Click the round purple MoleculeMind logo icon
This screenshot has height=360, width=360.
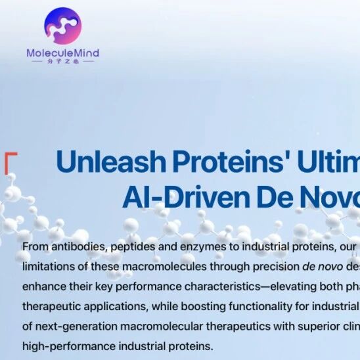pyautogui.click(x=62, y=26)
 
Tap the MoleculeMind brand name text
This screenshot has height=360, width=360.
pyautogui.click(x=62, y=53)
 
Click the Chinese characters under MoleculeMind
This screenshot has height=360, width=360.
pyautogui.click(x=62, y=62)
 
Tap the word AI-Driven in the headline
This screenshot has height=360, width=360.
pyautogui.click(x=186, y=197)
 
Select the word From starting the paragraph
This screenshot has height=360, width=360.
pyautogui.click(x=35, y=247)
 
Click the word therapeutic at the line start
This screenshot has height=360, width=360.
pyautogui.click(x=51, y=307)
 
